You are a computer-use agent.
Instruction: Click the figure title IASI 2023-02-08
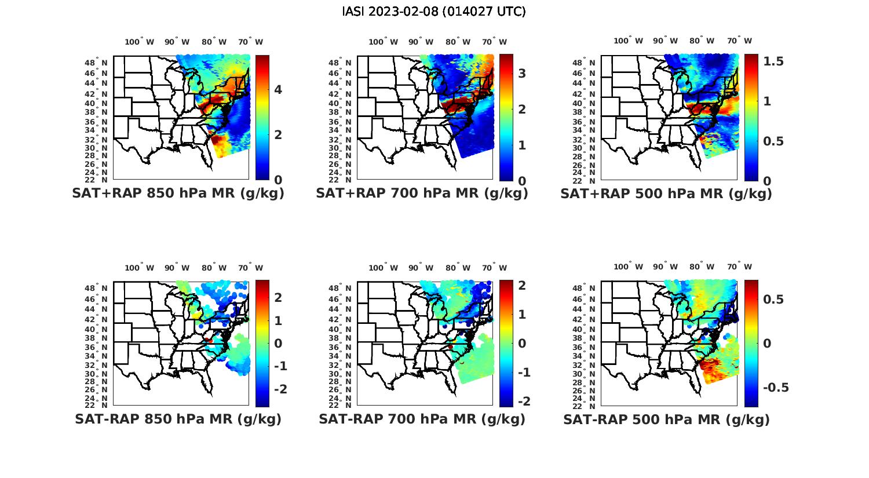pos(434,12)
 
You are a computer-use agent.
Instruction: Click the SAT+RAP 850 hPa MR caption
pos(178,194)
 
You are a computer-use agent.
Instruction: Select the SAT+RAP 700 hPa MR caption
pos(422,194)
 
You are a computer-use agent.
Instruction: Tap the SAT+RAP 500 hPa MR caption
pos(666,194)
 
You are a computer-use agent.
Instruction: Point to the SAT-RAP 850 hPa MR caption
pos(178,419)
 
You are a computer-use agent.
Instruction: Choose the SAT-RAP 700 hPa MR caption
pos(422,419)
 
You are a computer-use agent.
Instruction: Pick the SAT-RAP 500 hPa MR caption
pos(666,419)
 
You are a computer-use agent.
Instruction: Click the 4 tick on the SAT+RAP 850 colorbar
pos(278,90)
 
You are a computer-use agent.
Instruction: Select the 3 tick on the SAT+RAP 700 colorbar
pos(522,73)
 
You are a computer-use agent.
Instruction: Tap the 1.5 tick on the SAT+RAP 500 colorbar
pos(773,61)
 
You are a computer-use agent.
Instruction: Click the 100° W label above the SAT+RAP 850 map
pos(139,42)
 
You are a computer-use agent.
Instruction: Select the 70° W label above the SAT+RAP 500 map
pos(739,41)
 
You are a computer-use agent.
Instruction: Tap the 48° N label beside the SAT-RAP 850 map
pos(96,289)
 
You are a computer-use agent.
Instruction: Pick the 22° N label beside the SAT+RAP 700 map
pos(340,180)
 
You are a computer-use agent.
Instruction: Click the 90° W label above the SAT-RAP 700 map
pos(421,268)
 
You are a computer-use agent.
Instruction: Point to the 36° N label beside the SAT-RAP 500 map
pos(584,347)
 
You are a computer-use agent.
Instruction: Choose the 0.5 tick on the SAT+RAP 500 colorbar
pos(773,141)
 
